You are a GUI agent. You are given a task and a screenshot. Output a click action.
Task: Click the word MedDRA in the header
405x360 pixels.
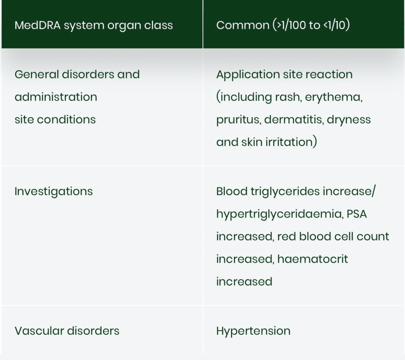click(38, 25)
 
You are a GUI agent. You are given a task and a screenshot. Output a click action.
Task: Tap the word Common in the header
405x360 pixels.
click(243, 25)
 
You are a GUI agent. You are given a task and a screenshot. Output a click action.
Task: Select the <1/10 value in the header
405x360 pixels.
click(334, 25)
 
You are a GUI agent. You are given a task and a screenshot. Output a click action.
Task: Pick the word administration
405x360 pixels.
click(56, 97)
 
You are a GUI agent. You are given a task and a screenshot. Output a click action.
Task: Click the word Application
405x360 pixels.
click(248, 75)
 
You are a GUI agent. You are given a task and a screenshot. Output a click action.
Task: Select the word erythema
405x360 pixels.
click(334, 97)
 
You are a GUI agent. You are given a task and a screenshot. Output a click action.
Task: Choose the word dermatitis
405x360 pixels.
click(294, 120)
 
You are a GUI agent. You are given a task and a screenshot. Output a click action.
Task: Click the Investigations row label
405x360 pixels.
click(53, 192)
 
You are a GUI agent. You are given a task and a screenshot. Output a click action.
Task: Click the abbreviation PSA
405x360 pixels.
click(357, 214)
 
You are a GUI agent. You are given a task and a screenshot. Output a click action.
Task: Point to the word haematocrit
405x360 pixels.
click(312, 259)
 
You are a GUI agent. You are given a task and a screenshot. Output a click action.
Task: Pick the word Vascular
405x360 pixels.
click(39, 331)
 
